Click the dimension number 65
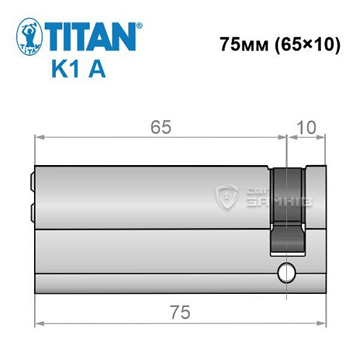tap(161, 127)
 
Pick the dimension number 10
tap(306, 127)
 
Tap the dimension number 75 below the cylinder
tap(180, 313)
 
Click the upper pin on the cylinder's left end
tap(31, 177)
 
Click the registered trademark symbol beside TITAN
tap(140, 25)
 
